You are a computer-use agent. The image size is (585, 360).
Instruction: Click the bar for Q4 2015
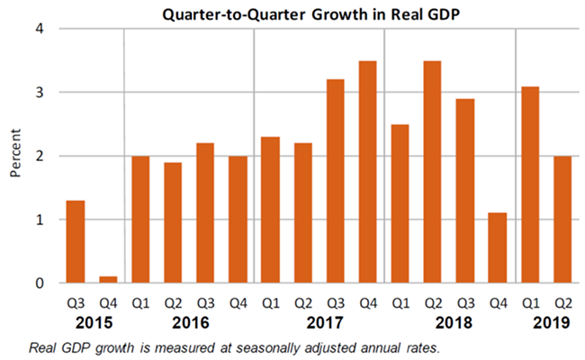point(108,280)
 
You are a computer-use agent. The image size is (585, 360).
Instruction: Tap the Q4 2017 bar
point(367,172)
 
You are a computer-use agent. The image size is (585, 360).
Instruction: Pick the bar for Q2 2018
point(432,172)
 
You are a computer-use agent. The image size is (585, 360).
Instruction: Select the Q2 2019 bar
point(562,220)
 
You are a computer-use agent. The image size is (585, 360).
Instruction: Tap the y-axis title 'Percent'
point(15,156)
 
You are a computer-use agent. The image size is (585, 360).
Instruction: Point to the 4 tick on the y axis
point(40,29)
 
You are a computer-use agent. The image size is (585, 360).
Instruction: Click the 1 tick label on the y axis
point(40,220)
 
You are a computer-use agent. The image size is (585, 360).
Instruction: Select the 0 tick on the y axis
point(40,283)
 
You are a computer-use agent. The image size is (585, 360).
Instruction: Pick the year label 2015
point(92,322)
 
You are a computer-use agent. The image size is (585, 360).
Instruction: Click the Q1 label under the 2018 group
point(400,303)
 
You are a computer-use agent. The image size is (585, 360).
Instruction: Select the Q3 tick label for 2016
point(205,303)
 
